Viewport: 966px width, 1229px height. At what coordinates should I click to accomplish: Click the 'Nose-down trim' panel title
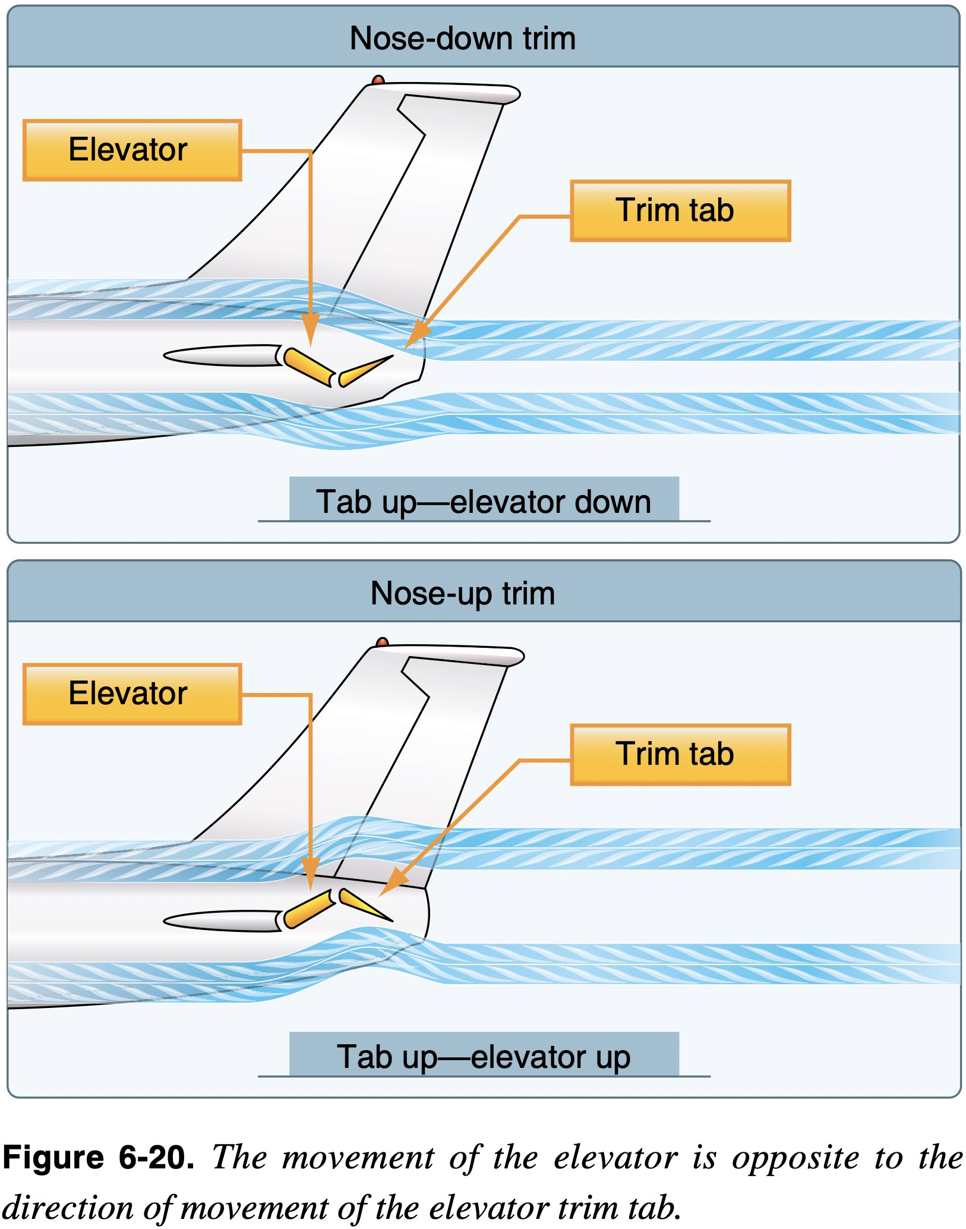[463, 39]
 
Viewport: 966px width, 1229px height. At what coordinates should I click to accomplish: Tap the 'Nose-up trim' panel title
[463, 593]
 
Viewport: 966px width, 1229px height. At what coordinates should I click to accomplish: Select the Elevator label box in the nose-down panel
[132, 150]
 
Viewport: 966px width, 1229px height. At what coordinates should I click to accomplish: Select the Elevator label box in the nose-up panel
[132, 694]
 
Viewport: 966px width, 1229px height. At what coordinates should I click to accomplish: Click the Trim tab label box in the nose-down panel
[680, 211]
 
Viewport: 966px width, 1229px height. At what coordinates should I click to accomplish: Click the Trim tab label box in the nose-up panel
[680, 754]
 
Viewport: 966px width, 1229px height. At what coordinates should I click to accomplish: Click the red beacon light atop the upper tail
[378, 80]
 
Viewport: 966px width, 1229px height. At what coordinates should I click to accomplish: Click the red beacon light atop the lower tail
[383, 642]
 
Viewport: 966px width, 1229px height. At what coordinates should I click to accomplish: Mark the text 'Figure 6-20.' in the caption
[98, 1157]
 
